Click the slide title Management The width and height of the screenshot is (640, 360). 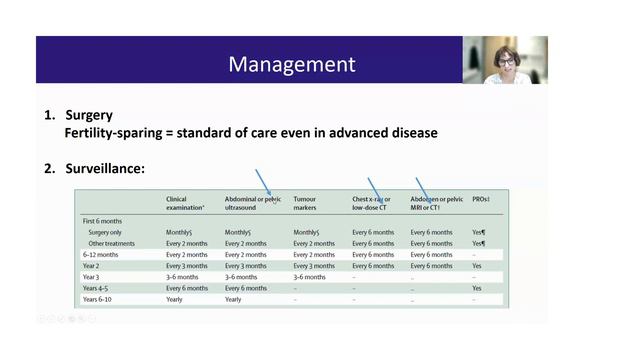pyautogui.click(x=291, y=65)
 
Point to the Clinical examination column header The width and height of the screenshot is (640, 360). pyautogui.click(x=186, y=203)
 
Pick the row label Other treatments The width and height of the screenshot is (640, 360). pyautogui.click(x=114, y=243)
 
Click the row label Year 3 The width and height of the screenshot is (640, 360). pyautogui.click(x=95, y=277)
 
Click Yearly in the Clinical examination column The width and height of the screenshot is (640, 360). pyautogui.click(x=175, y=299)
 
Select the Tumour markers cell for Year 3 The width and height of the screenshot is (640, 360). pyautogui.click(x=310, y=277)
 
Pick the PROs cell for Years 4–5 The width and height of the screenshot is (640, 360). pyautogui.click(x=477, y=288)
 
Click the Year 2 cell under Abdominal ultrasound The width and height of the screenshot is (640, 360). pyautogui.click(x=246, y=266)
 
